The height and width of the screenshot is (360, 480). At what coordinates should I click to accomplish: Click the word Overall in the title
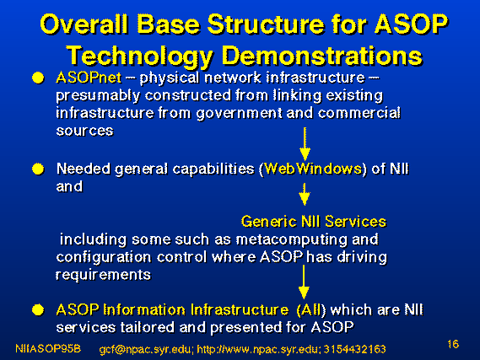point(84,24)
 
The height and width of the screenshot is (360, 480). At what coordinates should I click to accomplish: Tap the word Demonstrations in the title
point(322,56)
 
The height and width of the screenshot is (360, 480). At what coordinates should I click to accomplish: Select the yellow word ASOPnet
point(89,78)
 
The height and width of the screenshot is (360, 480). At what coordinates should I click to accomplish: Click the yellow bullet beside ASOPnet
point(38,78)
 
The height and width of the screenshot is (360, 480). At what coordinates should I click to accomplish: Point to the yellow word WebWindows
point(313,169)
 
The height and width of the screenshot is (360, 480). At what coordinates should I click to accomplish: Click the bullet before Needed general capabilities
point(38,169)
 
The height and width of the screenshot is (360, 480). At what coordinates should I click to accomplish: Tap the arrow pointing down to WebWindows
point(305,144)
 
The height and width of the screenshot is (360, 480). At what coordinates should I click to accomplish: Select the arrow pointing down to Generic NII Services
point(305,195)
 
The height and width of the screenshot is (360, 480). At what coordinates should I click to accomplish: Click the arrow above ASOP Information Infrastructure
point(304,282)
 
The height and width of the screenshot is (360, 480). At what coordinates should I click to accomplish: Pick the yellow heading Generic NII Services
point(314,221)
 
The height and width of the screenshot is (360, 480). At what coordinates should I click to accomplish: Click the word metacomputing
point(292,239)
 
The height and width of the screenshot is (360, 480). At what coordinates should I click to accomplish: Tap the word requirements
point(103,275)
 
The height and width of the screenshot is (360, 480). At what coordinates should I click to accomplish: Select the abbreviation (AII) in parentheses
point(311,310)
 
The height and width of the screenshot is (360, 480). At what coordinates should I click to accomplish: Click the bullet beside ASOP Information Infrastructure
point(38,310)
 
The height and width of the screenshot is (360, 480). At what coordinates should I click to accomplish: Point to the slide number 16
point(453,344)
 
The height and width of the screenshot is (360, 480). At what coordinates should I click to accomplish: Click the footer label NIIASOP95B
point(48,348)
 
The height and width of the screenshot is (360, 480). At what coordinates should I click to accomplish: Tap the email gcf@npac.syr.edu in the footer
point(146,349)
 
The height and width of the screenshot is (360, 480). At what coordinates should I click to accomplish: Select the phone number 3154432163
point(355,349)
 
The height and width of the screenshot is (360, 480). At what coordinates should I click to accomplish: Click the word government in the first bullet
point(239,114)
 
